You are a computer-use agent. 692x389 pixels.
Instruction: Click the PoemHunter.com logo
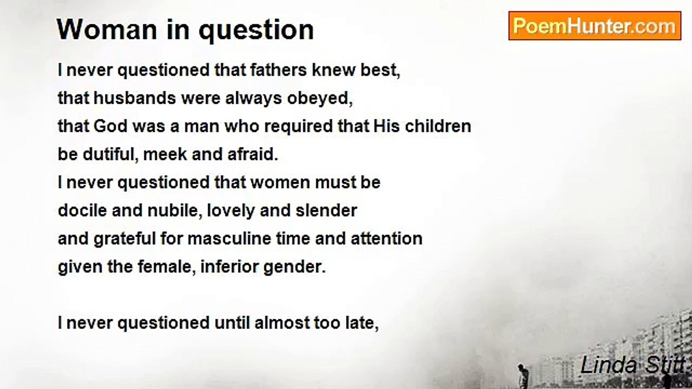click(595, 25)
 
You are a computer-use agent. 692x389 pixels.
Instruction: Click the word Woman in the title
click(107, 30)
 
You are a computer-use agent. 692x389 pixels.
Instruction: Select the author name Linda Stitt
click(633, 365)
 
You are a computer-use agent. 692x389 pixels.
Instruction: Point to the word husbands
click(135, 98)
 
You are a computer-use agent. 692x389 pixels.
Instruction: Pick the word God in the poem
click(110, 126)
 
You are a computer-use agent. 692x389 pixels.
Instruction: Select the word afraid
click(252, 154)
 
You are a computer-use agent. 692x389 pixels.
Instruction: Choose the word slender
click(326, 210)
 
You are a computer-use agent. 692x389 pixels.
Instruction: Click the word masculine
click(229, 238)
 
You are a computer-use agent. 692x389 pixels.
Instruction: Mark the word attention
click(387, 238)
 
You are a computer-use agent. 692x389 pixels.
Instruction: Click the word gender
click(294, 267)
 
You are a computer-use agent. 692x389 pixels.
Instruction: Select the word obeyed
click(320, 99)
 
